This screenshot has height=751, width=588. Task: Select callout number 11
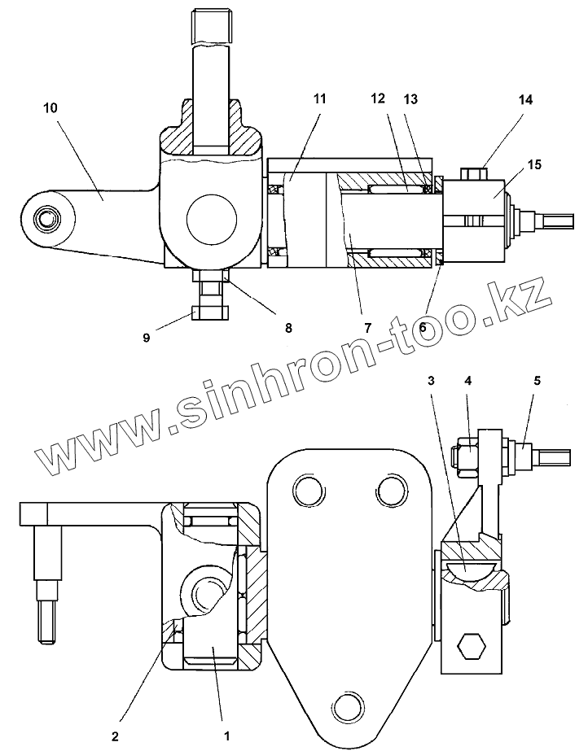click(318, 98)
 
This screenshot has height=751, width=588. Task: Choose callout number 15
click(534, 165)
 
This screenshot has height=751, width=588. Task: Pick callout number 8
click(287, 328)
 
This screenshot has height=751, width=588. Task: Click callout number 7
click(367, 328)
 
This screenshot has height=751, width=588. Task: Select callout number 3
click(431, 379)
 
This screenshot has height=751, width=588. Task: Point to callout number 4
click(468, 379)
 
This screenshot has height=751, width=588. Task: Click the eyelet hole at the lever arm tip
click(48, 217)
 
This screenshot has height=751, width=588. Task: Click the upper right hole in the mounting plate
click(389, 490)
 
